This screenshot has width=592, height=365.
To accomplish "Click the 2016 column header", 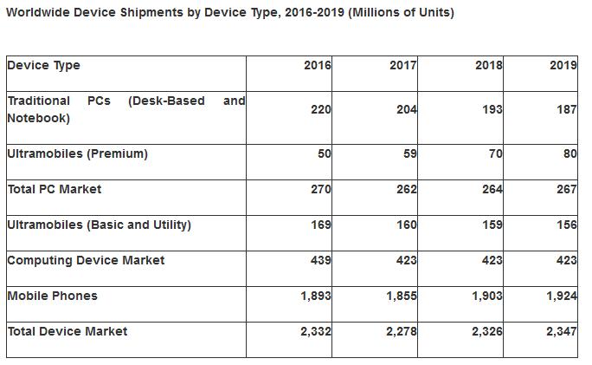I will click(x=317, y=66).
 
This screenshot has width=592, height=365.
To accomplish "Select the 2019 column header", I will click(x=563, y=66).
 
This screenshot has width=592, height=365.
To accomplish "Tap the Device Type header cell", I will click(x=43, y=66).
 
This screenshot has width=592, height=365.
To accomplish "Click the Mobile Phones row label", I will click(x=52, y=297).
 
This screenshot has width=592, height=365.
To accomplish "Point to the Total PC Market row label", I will click(x=54, y=189).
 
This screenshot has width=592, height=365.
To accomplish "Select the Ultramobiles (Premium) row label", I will click(x=77, y=154).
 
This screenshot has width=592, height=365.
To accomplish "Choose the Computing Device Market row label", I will click(x=85, y=261).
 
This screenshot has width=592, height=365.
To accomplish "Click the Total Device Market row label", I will click(x=67, y=332).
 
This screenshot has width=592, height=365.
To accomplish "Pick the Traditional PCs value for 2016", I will click(x=320, y=110).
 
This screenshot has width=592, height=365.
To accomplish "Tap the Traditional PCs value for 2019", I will click(x=566, y=110).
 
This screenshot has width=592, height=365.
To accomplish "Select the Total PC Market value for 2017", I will click(x=406, y=190).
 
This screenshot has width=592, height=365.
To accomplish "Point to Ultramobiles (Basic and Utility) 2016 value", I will click(x=320, y=225).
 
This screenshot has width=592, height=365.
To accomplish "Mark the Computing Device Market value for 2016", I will click(x=320, y=261).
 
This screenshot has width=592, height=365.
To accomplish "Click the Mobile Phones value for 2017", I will click(x=401, y=297).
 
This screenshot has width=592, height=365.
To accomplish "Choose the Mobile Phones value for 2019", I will click(x=561, y=297).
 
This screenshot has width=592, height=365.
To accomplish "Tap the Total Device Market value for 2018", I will click(x=486, y=332).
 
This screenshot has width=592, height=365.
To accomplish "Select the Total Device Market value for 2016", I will click(x=315, y=332).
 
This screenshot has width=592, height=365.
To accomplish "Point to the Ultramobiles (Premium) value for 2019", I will click(x=569, y=154).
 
